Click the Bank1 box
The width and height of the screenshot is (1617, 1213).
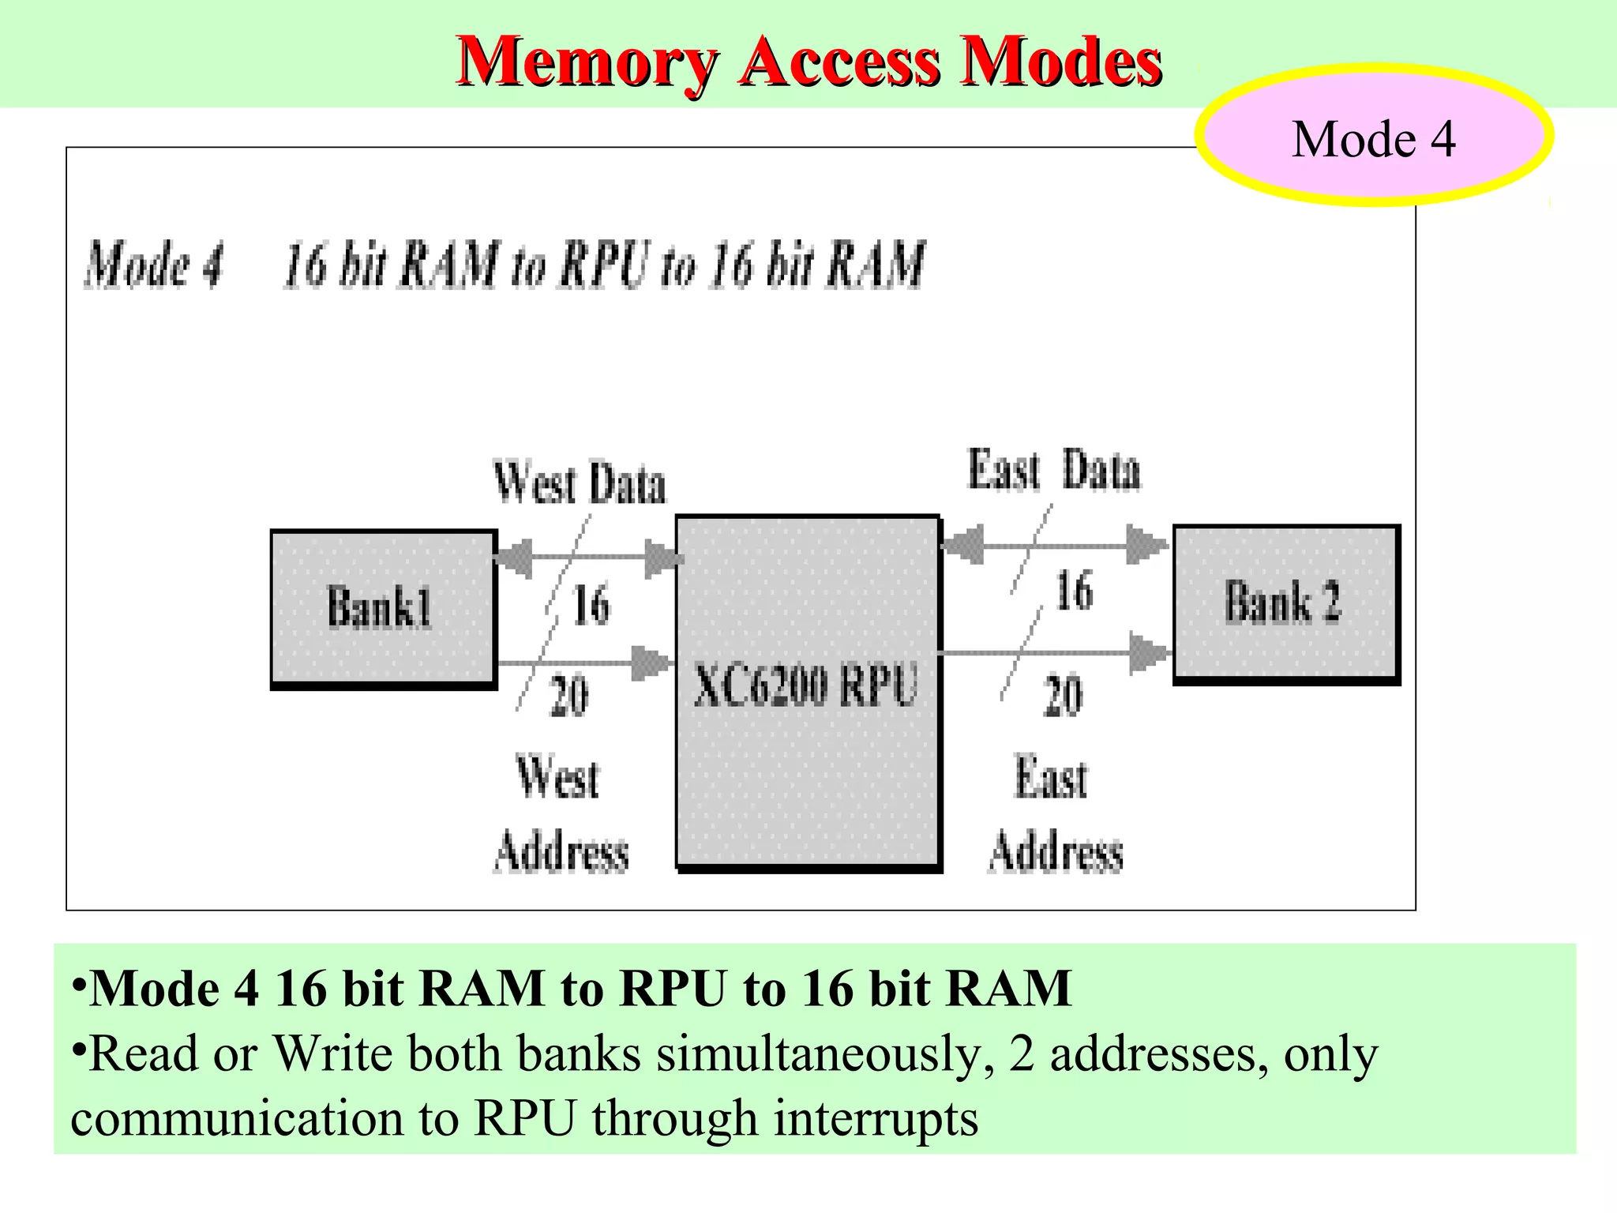click(383, 607)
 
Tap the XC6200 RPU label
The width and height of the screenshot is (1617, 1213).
click(805, 685)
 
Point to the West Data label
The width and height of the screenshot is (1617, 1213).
click(579, 483)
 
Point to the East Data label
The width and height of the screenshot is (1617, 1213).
click(1054, 471)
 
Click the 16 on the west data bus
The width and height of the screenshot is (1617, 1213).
click(591, 605)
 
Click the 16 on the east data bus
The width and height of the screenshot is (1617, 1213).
click(1074, 591)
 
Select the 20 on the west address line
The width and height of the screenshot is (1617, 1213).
click(569, 696)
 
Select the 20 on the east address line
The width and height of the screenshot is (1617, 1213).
click(1063, 696)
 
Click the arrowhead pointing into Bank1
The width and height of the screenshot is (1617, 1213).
click(514, 558)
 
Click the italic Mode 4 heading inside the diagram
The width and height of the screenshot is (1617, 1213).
click(155, 265)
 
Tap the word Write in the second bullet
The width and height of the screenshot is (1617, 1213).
click(332, 1055)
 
